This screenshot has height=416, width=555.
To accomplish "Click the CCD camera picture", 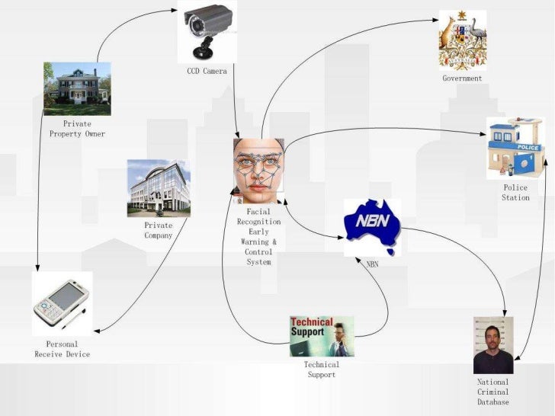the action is (x=207, y=31).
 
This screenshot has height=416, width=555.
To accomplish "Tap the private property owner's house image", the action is (x=77, y=88).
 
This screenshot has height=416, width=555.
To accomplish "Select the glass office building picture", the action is (x=159, y=188).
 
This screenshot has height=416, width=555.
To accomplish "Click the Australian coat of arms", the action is (x=462, y=40).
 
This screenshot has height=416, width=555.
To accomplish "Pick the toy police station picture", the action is (x=515, y=148).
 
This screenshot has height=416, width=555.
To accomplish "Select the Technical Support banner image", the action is (x=322, y=336).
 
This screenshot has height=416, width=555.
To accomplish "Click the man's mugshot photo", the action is (x=493, y=345).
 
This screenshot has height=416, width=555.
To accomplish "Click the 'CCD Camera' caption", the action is (x=207, y=72).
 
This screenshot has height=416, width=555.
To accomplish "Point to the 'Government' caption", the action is (x=462, y=78).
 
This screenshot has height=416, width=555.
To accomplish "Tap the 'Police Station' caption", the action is (x=515, y=193).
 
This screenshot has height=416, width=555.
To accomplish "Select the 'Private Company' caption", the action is (x=159, y=230).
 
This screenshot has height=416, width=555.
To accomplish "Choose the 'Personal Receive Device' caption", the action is (x=63, y=349).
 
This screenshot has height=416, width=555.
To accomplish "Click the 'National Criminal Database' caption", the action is (x=493, y=392).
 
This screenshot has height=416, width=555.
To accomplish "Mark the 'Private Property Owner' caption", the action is (x=77, y=129).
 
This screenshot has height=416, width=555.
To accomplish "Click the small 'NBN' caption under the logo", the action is (x=372, y=264).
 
